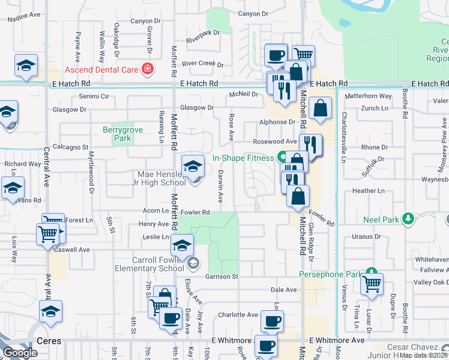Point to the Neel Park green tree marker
tap(408, 218)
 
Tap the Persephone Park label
tap(330, 274)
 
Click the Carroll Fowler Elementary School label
tap(158, 264)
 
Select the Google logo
tap(20, 353)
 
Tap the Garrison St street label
tap(222, 277)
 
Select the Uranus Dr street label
tap(367, 236)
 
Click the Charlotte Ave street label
tap(238, 314)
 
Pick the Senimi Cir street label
tap(92, 96)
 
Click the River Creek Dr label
tap(202, 64)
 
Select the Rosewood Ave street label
tap(274, 142)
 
